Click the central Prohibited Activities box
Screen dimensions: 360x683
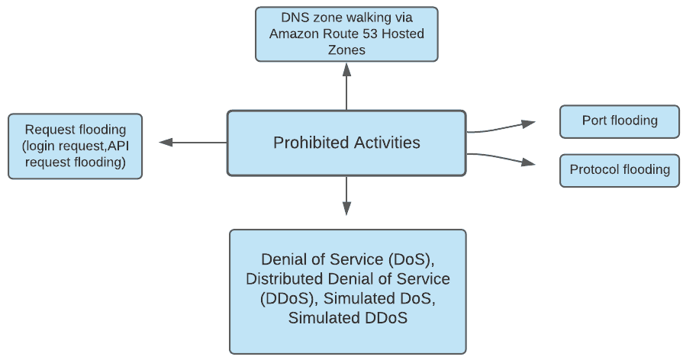tap(346, 143)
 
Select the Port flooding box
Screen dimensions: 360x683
tap(620, 121)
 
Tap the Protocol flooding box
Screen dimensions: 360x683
tap(620, 170)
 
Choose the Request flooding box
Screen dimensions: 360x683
tap(75, 146)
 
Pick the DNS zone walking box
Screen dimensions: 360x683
tap(346, 34)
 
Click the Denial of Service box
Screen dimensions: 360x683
tap(347, 291)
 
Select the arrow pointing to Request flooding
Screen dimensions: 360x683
tap(192, 143)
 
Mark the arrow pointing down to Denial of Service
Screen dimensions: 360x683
tap(346, 196)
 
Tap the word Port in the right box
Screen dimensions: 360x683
tap(594, 121)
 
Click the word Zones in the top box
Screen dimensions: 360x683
tap(346, 50)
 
